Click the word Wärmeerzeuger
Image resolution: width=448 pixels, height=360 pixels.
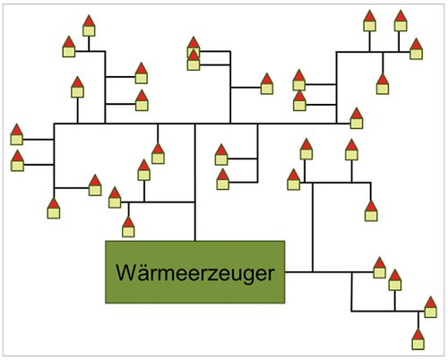pyautogui.click(x=195, y=273)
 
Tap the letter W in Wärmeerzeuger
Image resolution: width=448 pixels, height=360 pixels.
pyautogui.click(x=125, y=272)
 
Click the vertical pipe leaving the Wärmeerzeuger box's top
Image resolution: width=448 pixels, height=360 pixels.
pyautogui.click(x=195, y=182)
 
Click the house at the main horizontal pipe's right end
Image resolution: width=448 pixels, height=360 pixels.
pyautogui.click(x=357, y=118)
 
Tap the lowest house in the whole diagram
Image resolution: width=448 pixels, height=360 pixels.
pyautogui.click(x=418, y=339)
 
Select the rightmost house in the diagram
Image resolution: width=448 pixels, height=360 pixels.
pyautogui.click(x=430, y=307)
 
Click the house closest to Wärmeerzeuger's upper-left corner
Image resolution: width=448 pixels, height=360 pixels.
pyautogui.click(x=128, y=227)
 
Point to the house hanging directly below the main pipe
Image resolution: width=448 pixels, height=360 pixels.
pyautogui.click(x=158, y=154)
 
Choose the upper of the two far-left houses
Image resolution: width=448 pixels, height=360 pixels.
pyautogui.click(x=17, y=134)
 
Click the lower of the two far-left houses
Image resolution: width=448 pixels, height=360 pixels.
pyautogui.click(x=17, y=160)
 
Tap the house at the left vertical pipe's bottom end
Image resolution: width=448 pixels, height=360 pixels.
pyautogui.click(x=54, y=208)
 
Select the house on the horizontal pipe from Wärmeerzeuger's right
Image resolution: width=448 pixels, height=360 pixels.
pyautogui.click(x=380, y=268)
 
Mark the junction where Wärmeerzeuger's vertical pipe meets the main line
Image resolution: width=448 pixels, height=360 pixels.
pyautogui.click(x=195, y=124)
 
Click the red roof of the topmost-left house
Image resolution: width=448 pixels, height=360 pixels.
pyautogui.click(x=89, y=21)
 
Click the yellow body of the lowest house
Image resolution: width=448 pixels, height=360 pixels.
pyautogui.click(x=418, y=344)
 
